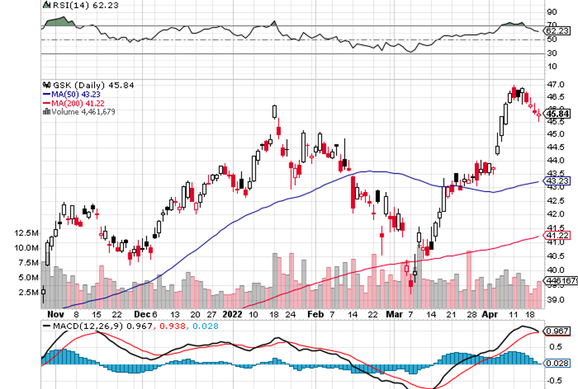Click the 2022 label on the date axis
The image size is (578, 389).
click(x=233, y=313)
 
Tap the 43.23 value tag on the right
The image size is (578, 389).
click(x=557, y=181)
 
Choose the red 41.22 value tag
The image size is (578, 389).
click(x=557, y=236)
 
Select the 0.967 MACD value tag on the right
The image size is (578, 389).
click(x=557, y=331)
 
